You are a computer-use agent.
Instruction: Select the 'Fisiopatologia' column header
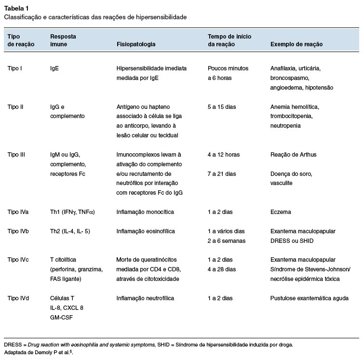pos(136,44)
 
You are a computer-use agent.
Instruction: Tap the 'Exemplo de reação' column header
pos(296,44)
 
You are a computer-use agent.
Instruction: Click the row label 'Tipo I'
pos(15,68)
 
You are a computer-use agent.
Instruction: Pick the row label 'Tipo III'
pos(17,155)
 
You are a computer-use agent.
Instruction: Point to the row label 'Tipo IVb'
pos(18,231)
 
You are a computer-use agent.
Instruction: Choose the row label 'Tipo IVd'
pos(18,298)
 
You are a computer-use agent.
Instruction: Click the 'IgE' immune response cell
pos(54,68)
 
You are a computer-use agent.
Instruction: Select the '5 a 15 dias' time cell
pos(222,107)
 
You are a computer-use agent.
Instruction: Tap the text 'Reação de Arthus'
pos(294,155)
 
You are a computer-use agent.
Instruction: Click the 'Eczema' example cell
pos(281,212)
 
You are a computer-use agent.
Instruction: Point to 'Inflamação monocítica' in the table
pos(145,212)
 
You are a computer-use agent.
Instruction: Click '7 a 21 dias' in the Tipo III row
pos(222,174)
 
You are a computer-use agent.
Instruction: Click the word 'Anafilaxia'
pos(283,68)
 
